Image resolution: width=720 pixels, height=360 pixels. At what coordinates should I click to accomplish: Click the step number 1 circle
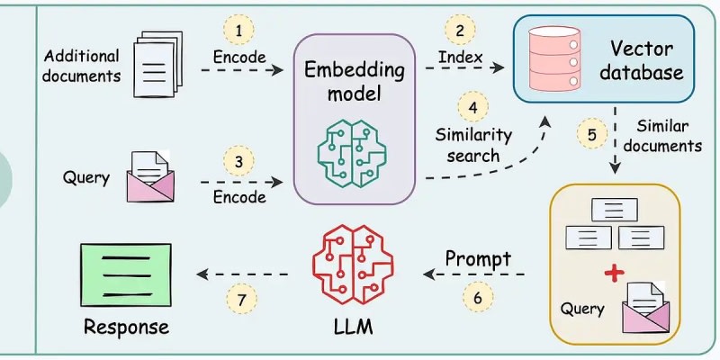click(239, 31)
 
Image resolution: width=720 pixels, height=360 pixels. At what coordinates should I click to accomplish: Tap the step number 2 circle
click(460, 31)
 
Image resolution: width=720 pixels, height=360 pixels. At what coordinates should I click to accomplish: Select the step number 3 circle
click(239, 163)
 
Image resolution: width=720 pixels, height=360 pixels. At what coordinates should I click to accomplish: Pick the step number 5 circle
click(591, 135)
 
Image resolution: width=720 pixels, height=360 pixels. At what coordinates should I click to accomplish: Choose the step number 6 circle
click(477, 295)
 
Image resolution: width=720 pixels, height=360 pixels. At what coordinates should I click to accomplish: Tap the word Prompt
click(478, 259)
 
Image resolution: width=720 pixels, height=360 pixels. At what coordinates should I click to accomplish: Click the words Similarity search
click(472, 145)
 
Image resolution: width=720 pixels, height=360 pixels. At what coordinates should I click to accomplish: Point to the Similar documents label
click(663, 135)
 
